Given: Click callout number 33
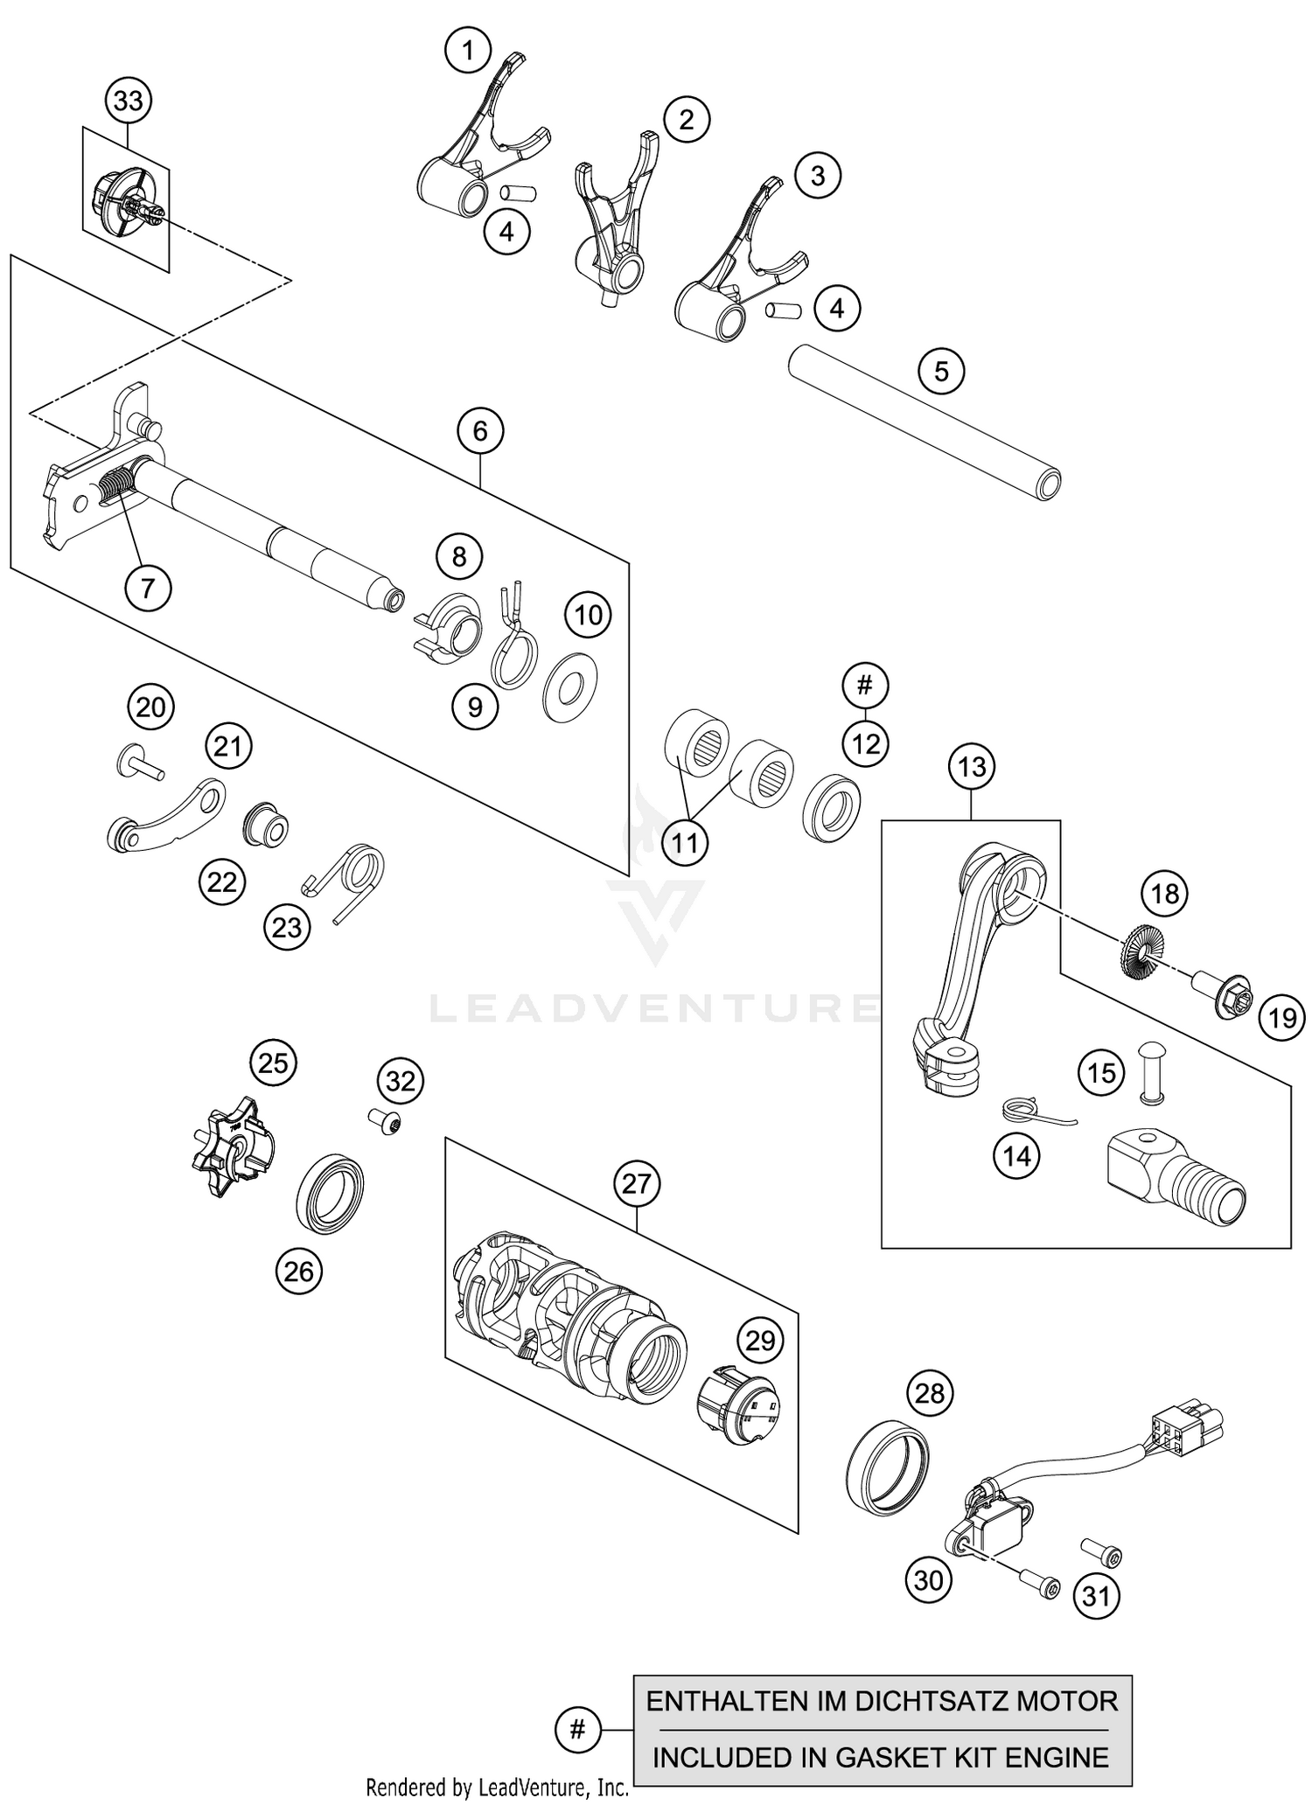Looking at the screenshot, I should pos(129,101).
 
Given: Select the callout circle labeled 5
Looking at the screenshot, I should pos(940,372).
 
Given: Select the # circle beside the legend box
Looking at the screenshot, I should pos(577,1729).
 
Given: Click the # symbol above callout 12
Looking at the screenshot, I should pos(864,685).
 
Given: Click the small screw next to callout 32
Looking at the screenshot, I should pos(382,1121).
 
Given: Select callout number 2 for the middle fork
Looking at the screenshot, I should pos(686,119).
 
